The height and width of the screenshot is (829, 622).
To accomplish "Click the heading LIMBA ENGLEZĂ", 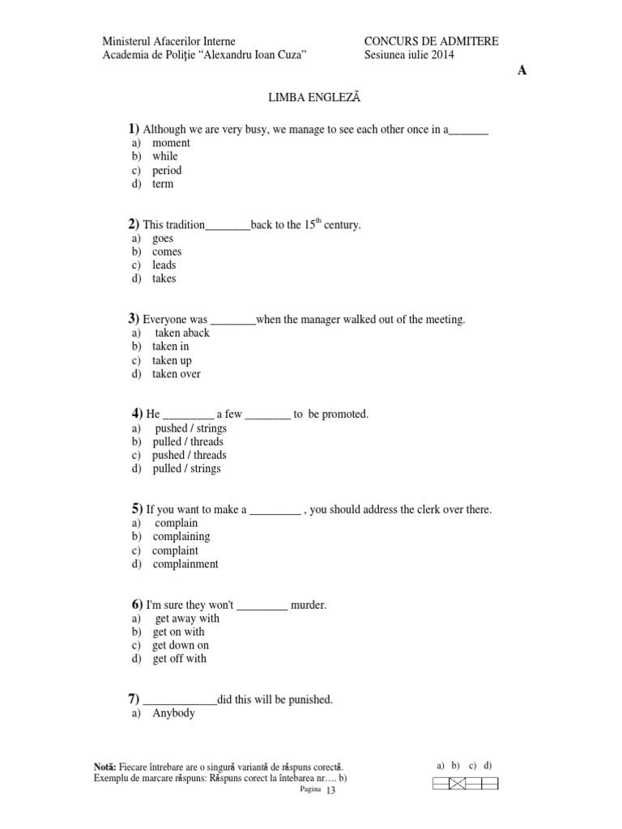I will coord(313,97).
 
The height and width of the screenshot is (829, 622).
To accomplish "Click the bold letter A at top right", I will coord(522,70).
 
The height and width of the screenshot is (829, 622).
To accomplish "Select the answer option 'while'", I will coord(165,156).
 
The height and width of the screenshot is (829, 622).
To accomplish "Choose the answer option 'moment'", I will coord(171,143).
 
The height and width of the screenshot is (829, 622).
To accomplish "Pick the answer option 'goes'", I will coord(163,239).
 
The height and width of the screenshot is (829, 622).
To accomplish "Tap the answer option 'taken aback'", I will coord(182,333).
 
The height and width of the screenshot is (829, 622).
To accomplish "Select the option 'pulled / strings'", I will coord(186,469).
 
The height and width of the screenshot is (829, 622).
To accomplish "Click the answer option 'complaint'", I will coord(175,551).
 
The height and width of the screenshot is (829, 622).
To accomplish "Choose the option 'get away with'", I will coord(186,619).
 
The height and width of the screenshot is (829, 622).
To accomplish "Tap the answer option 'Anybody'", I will coord(173,713).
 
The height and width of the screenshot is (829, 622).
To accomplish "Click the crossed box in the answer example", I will coord(457,783).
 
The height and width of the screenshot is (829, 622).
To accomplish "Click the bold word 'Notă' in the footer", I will coord(105,767).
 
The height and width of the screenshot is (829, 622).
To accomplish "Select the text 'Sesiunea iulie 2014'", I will coord(409,55).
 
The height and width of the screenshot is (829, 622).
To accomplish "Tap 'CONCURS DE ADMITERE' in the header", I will coord(431,41).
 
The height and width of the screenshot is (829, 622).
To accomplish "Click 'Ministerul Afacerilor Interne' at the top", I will coord(168,41).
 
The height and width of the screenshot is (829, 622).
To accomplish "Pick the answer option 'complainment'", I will coord(185,564).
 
